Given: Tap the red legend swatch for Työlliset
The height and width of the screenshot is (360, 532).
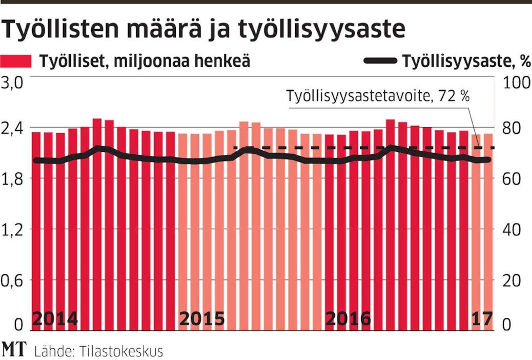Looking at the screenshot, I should pyautogui.click(x=17, y=61).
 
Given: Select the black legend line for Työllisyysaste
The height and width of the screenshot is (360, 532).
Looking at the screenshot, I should pyautogui.click(x=380, y=61).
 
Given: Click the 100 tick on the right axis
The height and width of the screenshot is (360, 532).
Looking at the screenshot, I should pyautogui.click(x=516, y=84).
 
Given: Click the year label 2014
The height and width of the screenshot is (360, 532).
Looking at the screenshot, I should pyautogui.click(x=55, y=318).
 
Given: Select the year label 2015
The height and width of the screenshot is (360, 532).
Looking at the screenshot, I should pyautogui.click(x=202, y=318).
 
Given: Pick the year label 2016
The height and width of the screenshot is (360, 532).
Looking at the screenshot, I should pyautogui.click(x=349, y=318).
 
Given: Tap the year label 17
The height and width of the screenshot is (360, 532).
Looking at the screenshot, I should pyautogui.click(x=482, y=318).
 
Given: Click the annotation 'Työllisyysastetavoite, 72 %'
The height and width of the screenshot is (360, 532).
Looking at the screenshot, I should pyautogui.click(x=378, y=96).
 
